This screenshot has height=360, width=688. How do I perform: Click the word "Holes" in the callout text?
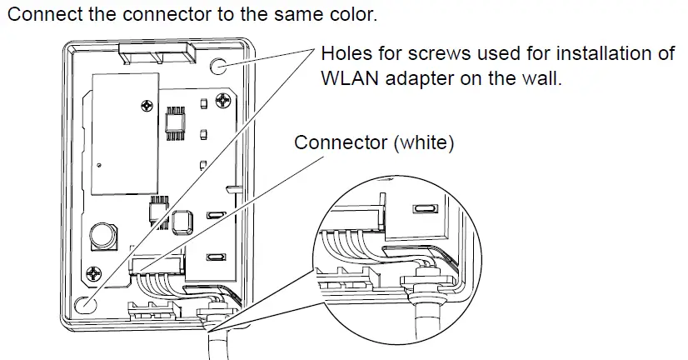pyautogui.click(x=345, y=55)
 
